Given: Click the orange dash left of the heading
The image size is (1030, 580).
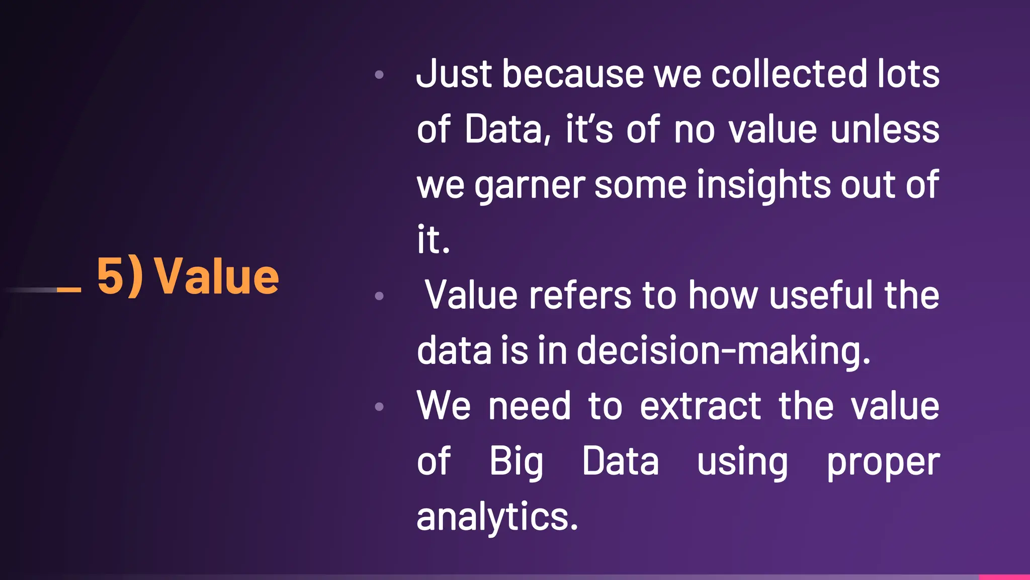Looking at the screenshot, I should tap(69, 289).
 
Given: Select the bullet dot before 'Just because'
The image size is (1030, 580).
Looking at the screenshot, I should tap(379, 75).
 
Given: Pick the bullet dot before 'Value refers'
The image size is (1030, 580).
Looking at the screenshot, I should tap(379, 296).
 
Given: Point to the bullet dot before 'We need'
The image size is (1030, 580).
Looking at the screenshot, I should tap(379, 406).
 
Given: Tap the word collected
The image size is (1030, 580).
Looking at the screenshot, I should tap(789, 74).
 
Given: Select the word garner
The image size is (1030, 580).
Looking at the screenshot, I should tap(530, 185).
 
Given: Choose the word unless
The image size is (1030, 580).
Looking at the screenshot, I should tap(885, 129).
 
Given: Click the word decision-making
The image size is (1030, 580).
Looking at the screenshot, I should tap(723, 350).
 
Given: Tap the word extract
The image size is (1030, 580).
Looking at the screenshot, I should tap(701, 406).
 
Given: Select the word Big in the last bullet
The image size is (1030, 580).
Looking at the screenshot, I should tap(516, 462).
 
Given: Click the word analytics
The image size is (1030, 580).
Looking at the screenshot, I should tap(497, 517).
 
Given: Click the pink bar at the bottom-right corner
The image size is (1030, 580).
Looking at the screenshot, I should tap(1004, 577).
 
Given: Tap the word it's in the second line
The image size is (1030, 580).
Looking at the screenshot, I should tap(589, 129).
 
